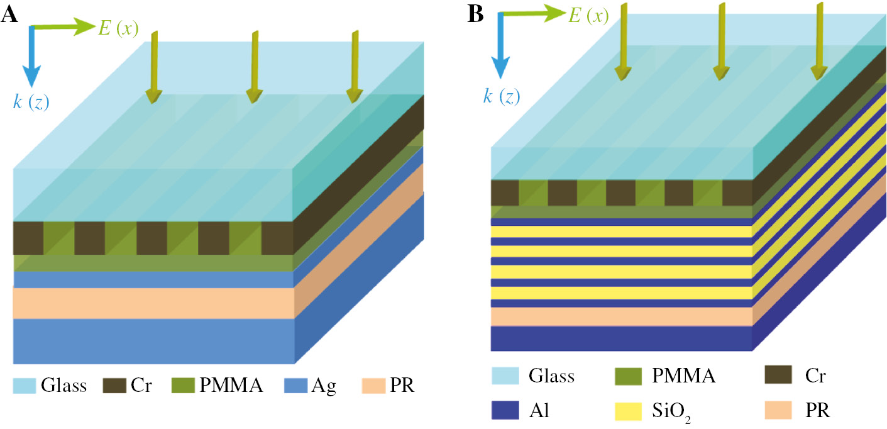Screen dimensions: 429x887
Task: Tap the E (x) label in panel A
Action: (119, 27)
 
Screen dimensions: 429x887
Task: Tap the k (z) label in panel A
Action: (31, 101)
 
